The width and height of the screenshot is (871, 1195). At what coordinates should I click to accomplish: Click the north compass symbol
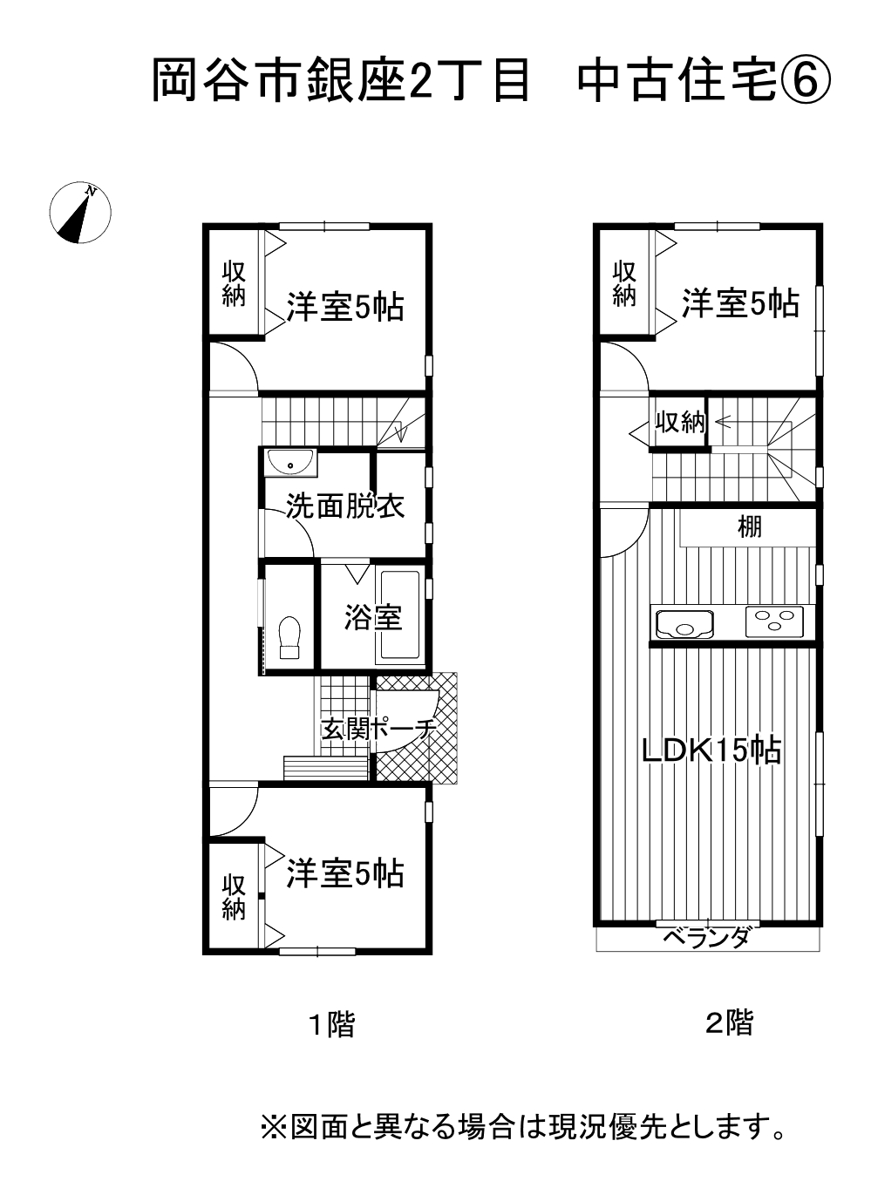click(80, 213)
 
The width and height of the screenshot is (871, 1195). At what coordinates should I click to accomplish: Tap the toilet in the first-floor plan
click(289, 637)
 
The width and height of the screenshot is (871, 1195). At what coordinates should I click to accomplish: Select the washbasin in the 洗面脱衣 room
click(290, 462)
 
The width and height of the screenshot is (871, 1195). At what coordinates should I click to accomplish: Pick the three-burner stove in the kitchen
click(775, 621)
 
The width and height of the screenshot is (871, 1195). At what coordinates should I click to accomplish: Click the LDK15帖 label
click(711, 750)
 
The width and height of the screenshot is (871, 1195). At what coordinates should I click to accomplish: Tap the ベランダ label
click(705, 937)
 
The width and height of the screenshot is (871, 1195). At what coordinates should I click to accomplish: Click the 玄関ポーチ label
click(378, 730)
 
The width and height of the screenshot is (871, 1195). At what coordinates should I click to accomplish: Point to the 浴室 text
click(373, 617)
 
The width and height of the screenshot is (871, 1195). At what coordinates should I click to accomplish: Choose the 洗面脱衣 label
click(345, 506)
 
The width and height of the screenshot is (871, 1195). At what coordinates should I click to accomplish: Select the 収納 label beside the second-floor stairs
click(680, 423)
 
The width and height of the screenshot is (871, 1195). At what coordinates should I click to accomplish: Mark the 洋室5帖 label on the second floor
click(740, 304)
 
